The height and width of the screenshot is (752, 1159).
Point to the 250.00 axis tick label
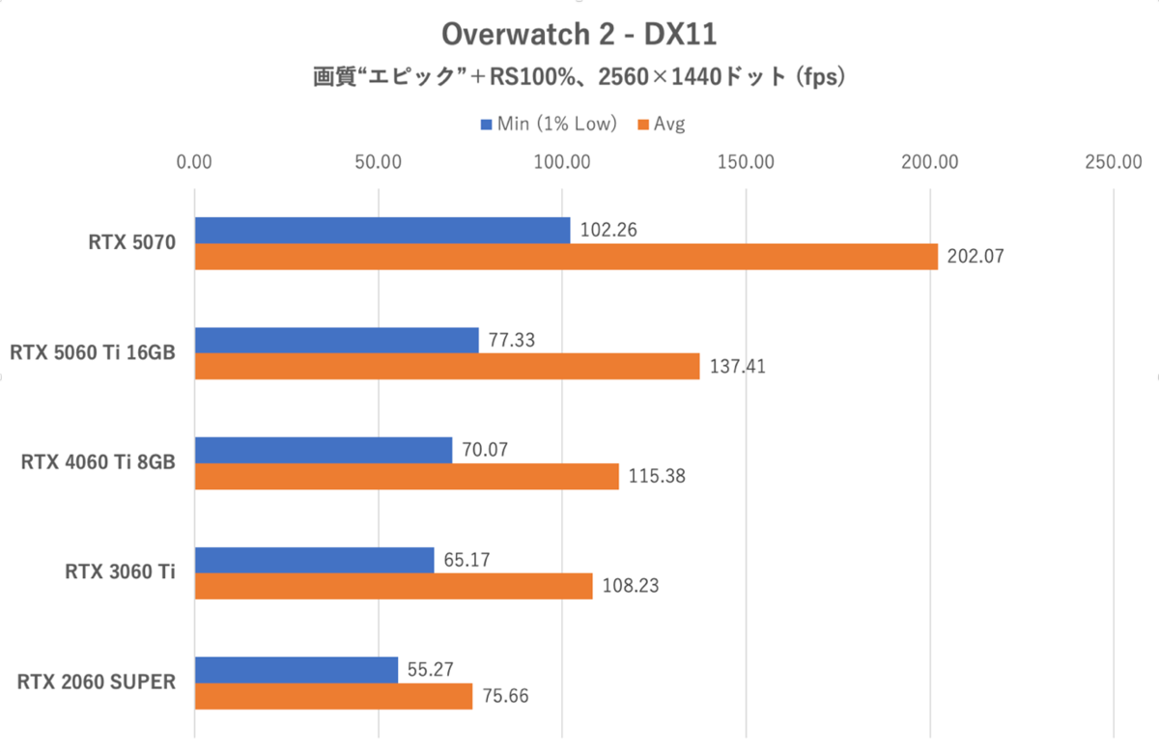pos(1113,162)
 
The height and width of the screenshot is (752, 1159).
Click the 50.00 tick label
pos(378,162)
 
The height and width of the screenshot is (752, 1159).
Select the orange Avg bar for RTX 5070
pos(566,257)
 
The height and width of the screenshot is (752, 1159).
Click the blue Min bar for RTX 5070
pos(382,231)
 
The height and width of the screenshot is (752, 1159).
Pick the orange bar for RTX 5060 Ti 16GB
pos(447,367)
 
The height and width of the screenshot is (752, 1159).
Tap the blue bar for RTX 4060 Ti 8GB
pos(324,450)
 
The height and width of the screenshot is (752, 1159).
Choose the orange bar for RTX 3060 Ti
pos(393,586)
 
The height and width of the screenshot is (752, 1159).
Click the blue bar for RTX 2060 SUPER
pos(297,669)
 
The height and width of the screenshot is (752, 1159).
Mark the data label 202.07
pos(976,258)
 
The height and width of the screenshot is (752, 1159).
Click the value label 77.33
pos(513,341)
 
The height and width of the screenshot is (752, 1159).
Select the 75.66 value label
pos(505,696)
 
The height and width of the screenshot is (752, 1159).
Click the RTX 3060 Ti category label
pos(120,572)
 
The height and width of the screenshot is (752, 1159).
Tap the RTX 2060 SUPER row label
pos(96,682)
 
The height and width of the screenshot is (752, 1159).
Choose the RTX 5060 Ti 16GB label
pos(93,353)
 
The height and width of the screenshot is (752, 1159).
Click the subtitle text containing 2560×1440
pos(579,77)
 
